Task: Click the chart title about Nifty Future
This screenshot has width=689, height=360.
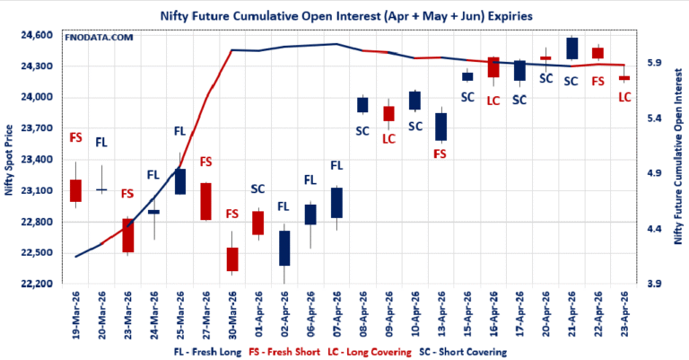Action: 344,15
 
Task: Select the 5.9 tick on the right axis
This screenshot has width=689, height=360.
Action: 647,63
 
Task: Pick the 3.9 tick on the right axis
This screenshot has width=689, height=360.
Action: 647,284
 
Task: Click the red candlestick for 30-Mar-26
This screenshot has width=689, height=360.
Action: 232,259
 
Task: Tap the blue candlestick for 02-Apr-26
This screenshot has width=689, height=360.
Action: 284,248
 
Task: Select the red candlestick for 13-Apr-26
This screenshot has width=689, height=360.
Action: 440,127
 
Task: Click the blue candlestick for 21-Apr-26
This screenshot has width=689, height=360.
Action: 571,48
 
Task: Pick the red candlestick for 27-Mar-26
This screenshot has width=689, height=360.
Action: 205,201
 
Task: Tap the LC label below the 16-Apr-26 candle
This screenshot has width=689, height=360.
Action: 493,100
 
